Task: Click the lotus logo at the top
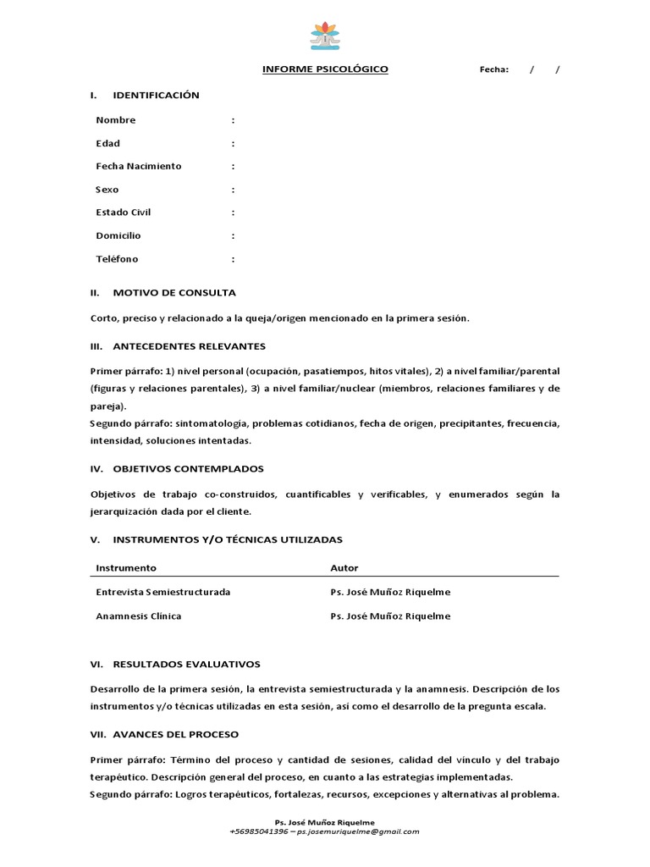[x=325, y=36]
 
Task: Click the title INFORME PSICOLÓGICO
[x=325, y=69]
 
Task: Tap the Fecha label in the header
[x=494, y=70]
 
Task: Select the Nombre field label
[x=116, y=120]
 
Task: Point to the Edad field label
[x=108, y=143]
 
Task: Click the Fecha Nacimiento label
[x=139, y=166]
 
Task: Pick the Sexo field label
[x=107, y=190]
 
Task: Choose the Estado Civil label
[x=124, y=213]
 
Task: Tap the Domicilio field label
[x=118, y=235]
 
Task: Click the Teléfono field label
[x=117, y=259]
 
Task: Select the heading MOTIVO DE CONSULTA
[x=174, y=293]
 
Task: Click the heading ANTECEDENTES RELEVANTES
[x=189, y=346]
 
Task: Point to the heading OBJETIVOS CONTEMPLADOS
[x=188, y=469]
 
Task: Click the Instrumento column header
[x=126, y=568]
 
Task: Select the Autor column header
[x=344, y=568]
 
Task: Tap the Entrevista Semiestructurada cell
[x=163, y=592]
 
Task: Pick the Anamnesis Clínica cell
[x=139, y=616]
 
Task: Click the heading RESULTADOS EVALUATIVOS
[x=186, y=665]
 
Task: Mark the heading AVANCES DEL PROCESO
[x=176, y=734]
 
